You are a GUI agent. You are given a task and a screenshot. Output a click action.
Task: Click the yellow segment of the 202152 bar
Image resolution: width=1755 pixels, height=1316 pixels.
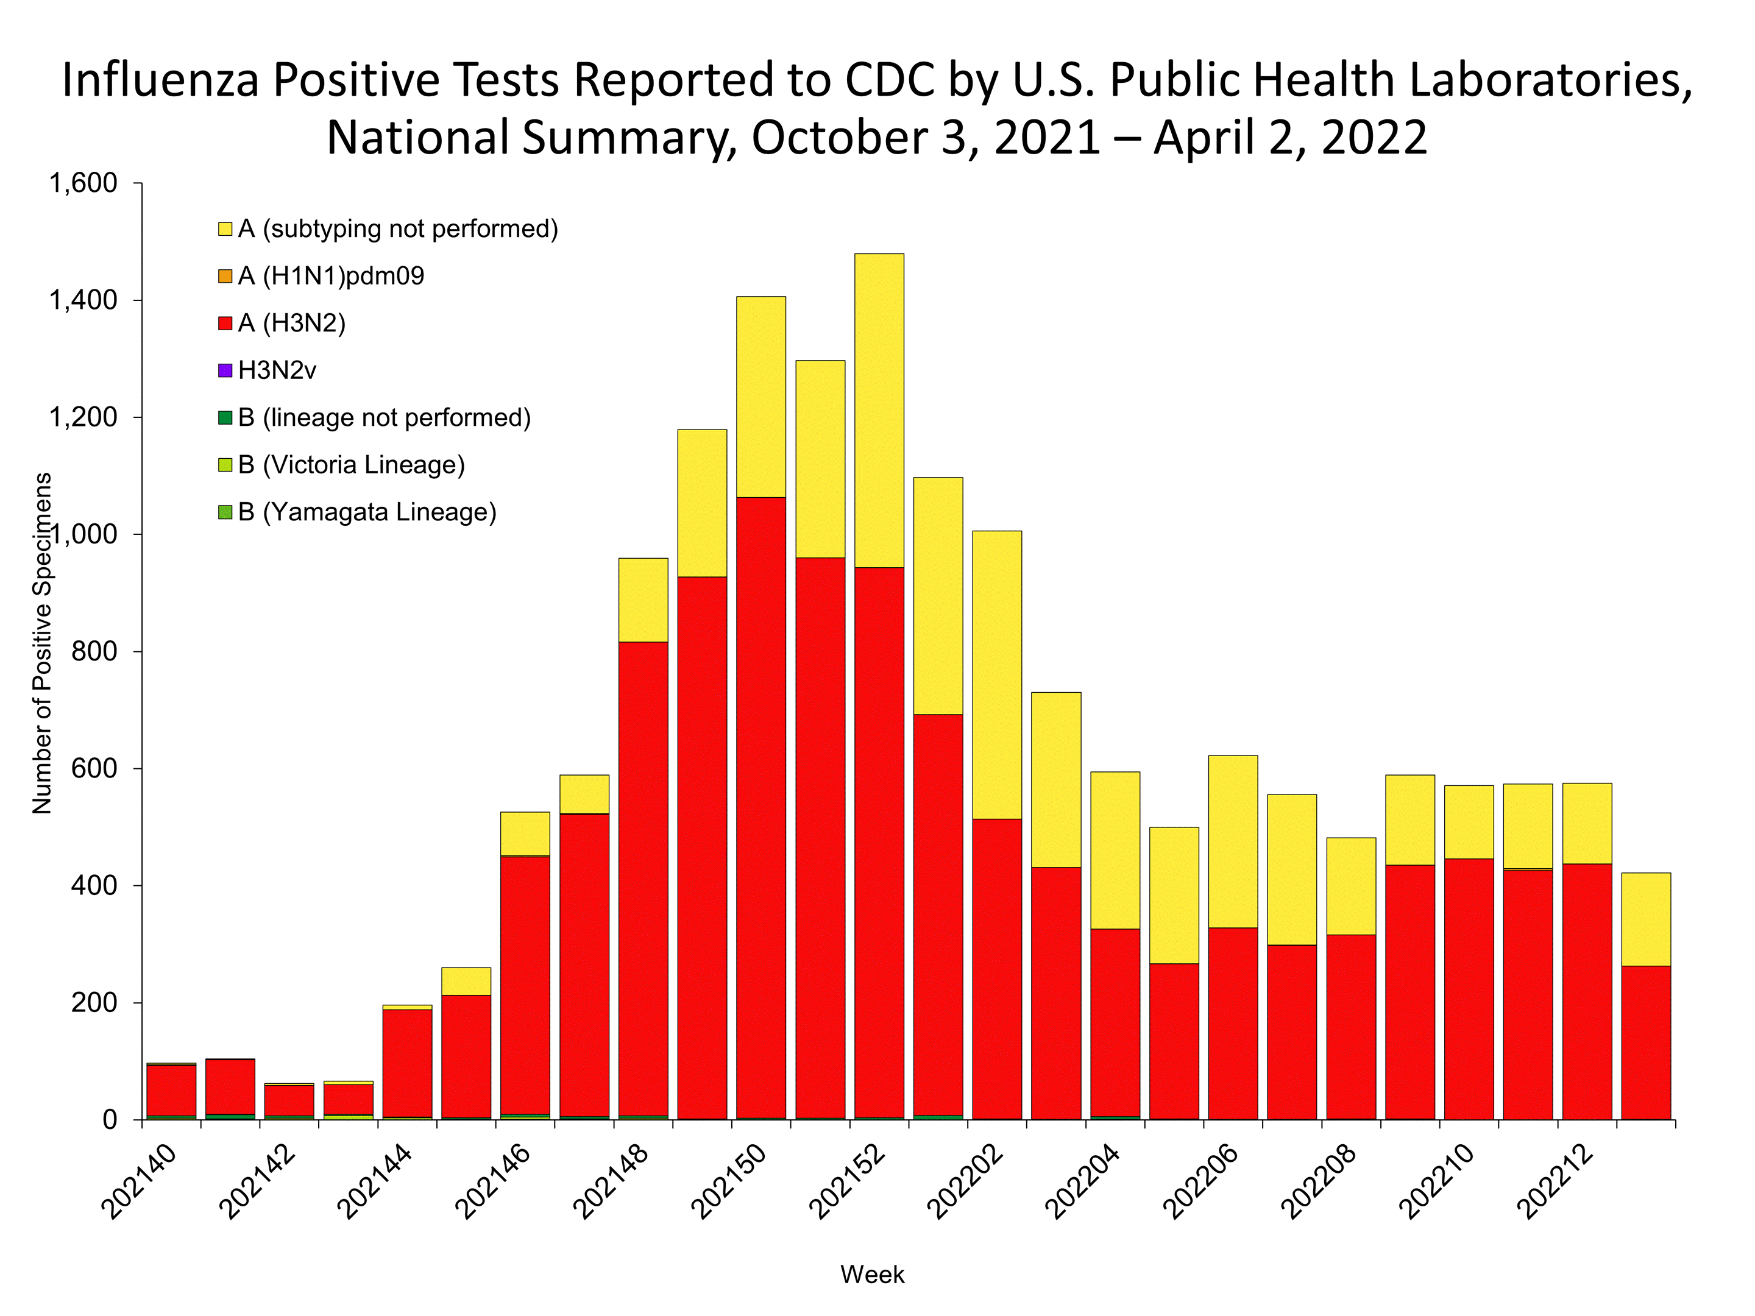click(x=879, y=410)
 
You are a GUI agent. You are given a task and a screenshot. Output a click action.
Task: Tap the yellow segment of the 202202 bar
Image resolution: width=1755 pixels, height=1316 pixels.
click(x=998, y=674)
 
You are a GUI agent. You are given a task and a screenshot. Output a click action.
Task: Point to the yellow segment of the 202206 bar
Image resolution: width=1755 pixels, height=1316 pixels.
click(x=1233, y=841)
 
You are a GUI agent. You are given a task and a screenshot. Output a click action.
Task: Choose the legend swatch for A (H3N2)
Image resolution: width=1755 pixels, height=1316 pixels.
click(x=225, y=324)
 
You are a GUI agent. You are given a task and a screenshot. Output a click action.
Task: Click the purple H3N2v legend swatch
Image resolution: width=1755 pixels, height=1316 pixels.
click(x=225, y=370)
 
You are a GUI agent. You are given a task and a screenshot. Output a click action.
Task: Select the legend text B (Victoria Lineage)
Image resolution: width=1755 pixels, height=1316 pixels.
click(x=352, y=465)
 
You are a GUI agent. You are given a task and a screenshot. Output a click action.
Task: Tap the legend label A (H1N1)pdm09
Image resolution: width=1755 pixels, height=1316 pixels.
click(x=331, y=276)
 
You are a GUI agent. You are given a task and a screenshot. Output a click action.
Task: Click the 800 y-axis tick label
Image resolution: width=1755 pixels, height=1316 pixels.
click(x=94, y=651)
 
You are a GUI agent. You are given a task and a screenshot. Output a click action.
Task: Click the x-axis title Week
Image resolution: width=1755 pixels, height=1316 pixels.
click(x=873, y=1275)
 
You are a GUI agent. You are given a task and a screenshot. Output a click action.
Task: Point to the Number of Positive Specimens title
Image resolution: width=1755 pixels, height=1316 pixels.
click(x=42, y=643)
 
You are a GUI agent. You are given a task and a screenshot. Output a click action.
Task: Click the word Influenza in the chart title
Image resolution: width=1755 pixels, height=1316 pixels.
click(x=161, y=80)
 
